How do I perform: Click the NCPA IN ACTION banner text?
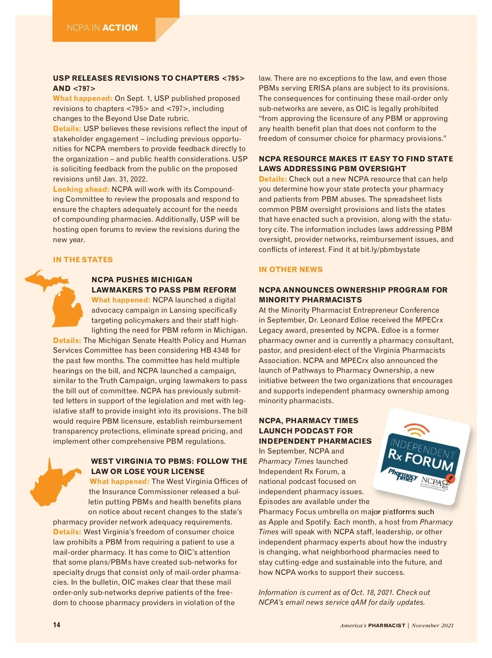point(102,28)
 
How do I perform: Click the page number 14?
point(57,625)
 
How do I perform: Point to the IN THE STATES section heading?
point(83,260)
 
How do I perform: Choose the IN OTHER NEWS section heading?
point(291,270)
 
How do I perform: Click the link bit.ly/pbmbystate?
point(390,250)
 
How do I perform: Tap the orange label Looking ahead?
point(81,189)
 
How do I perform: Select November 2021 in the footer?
point(433,625)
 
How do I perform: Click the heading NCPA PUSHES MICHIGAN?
point(142,280)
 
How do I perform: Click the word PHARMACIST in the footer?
point(386,625)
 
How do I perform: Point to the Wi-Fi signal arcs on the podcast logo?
point(417,430)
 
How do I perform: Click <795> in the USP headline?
point(233,78)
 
